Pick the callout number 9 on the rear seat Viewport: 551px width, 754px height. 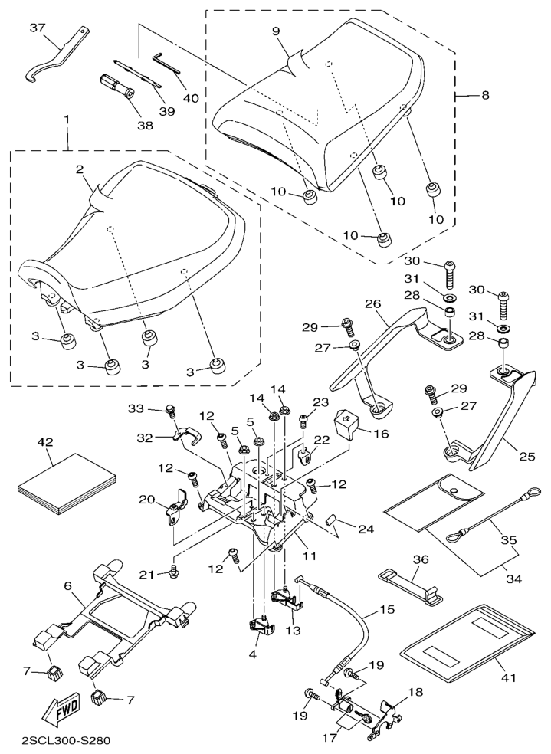275,31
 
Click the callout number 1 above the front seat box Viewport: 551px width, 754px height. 67,120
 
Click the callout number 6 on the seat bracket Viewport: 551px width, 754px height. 68,585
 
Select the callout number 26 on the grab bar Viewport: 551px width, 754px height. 374,304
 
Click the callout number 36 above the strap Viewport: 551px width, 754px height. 420,560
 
